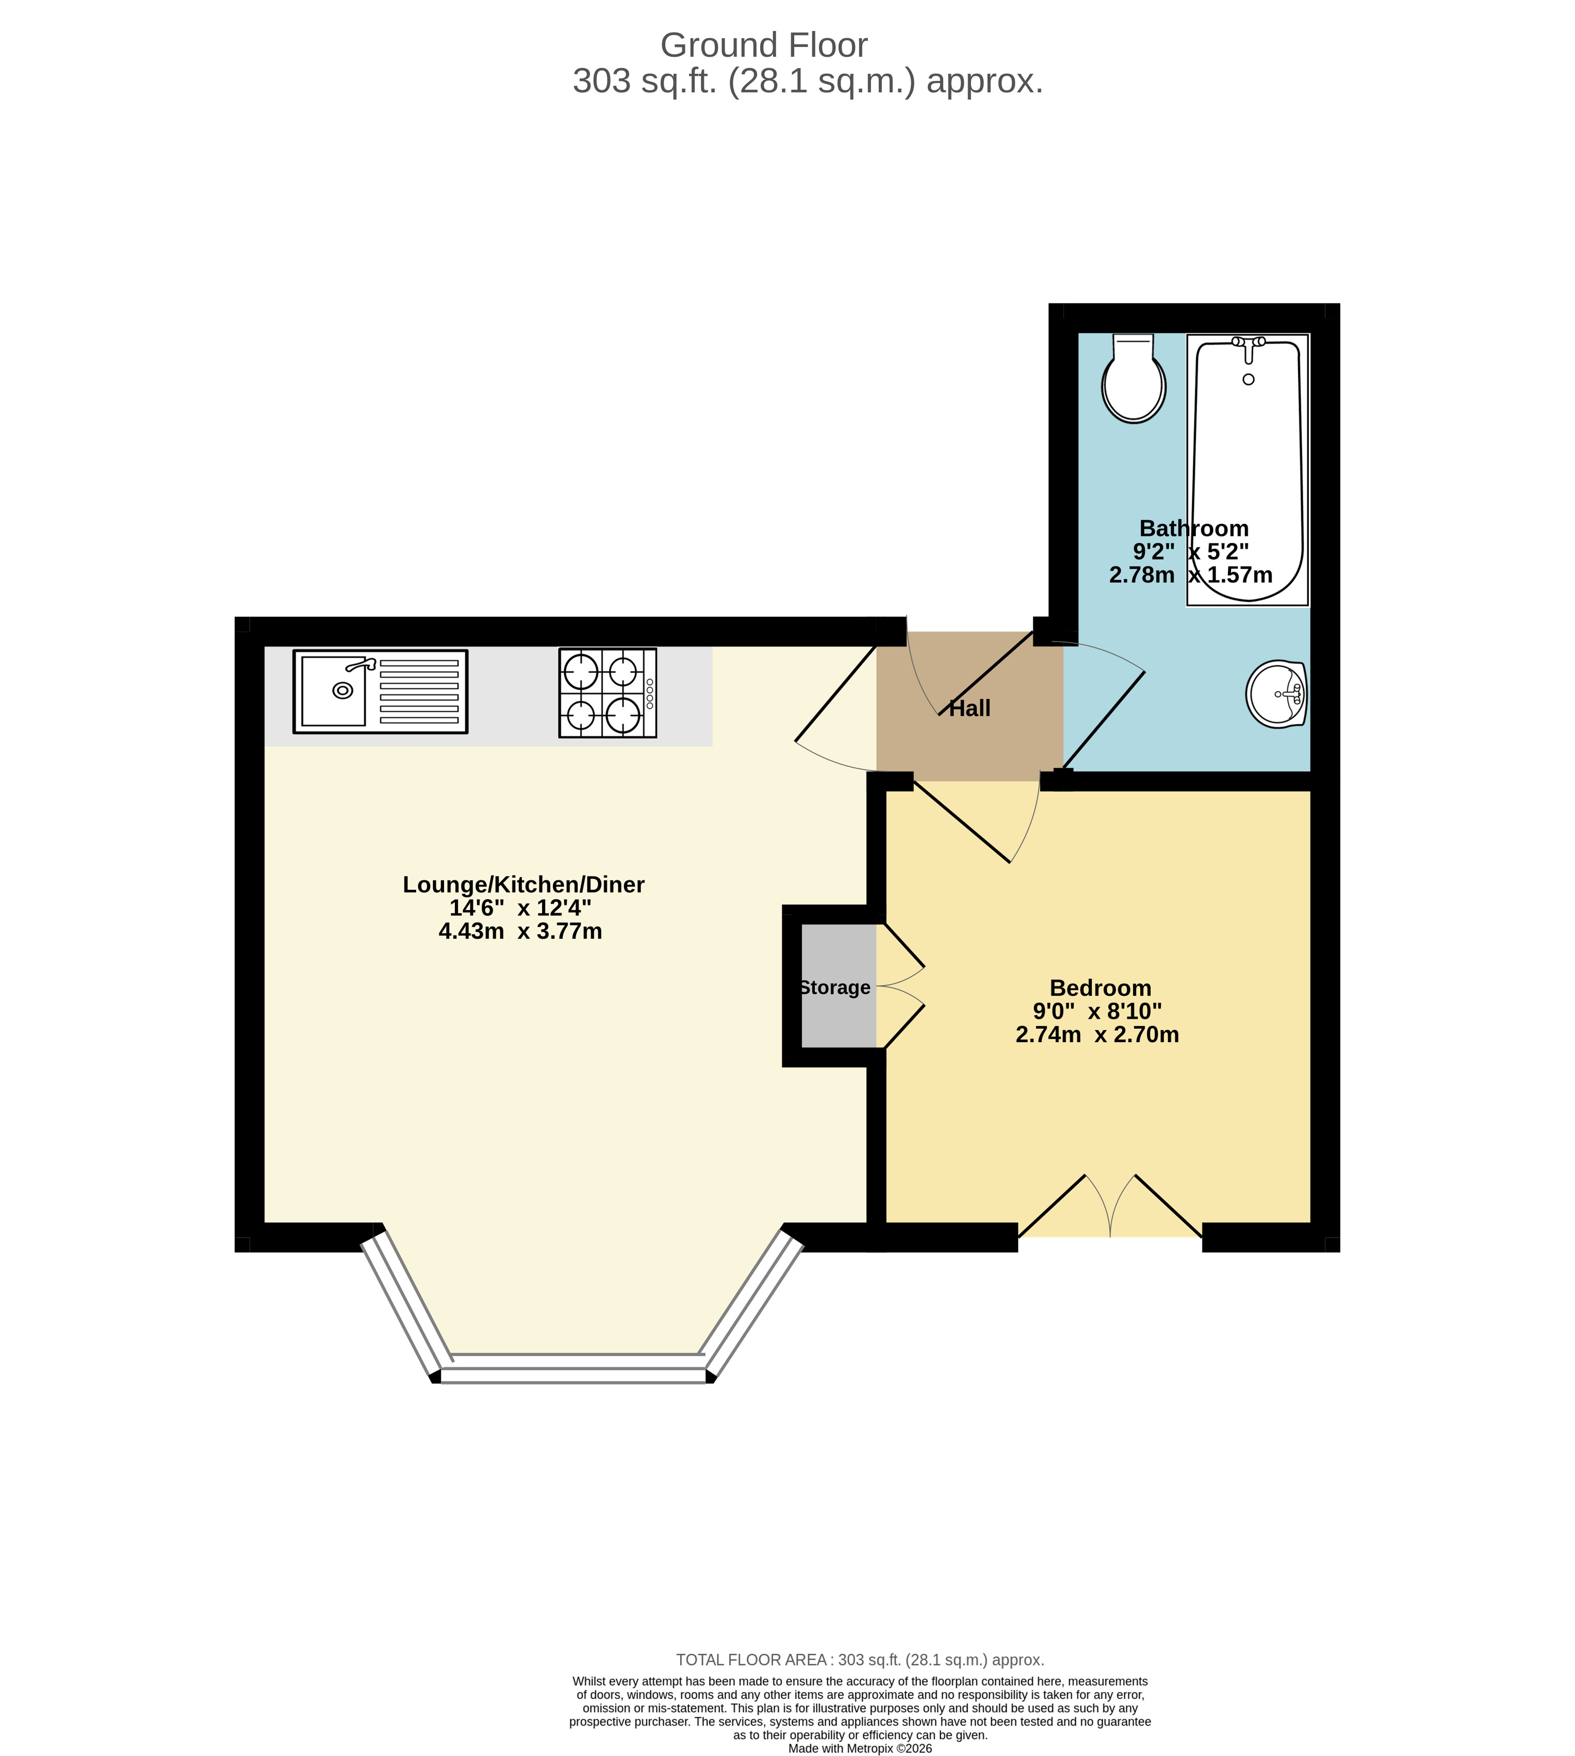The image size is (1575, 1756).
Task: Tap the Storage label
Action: coord(835,987)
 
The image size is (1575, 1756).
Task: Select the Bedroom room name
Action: coord(1100,987)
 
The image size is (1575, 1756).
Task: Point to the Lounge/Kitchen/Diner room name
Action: coord(523,885)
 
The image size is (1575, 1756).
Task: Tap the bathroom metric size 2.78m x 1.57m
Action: coord(1191,575)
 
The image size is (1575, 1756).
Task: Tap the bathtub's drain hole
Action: coord(1248,379)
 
